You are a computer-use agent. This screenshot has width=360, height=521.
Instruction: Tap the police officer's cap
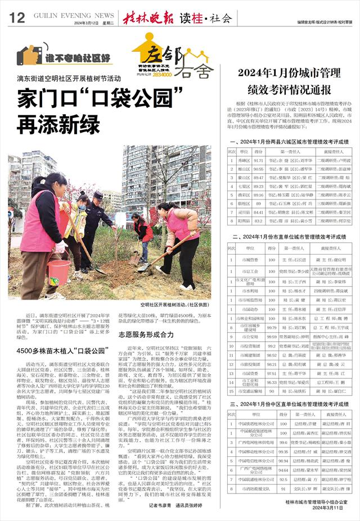98,195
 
